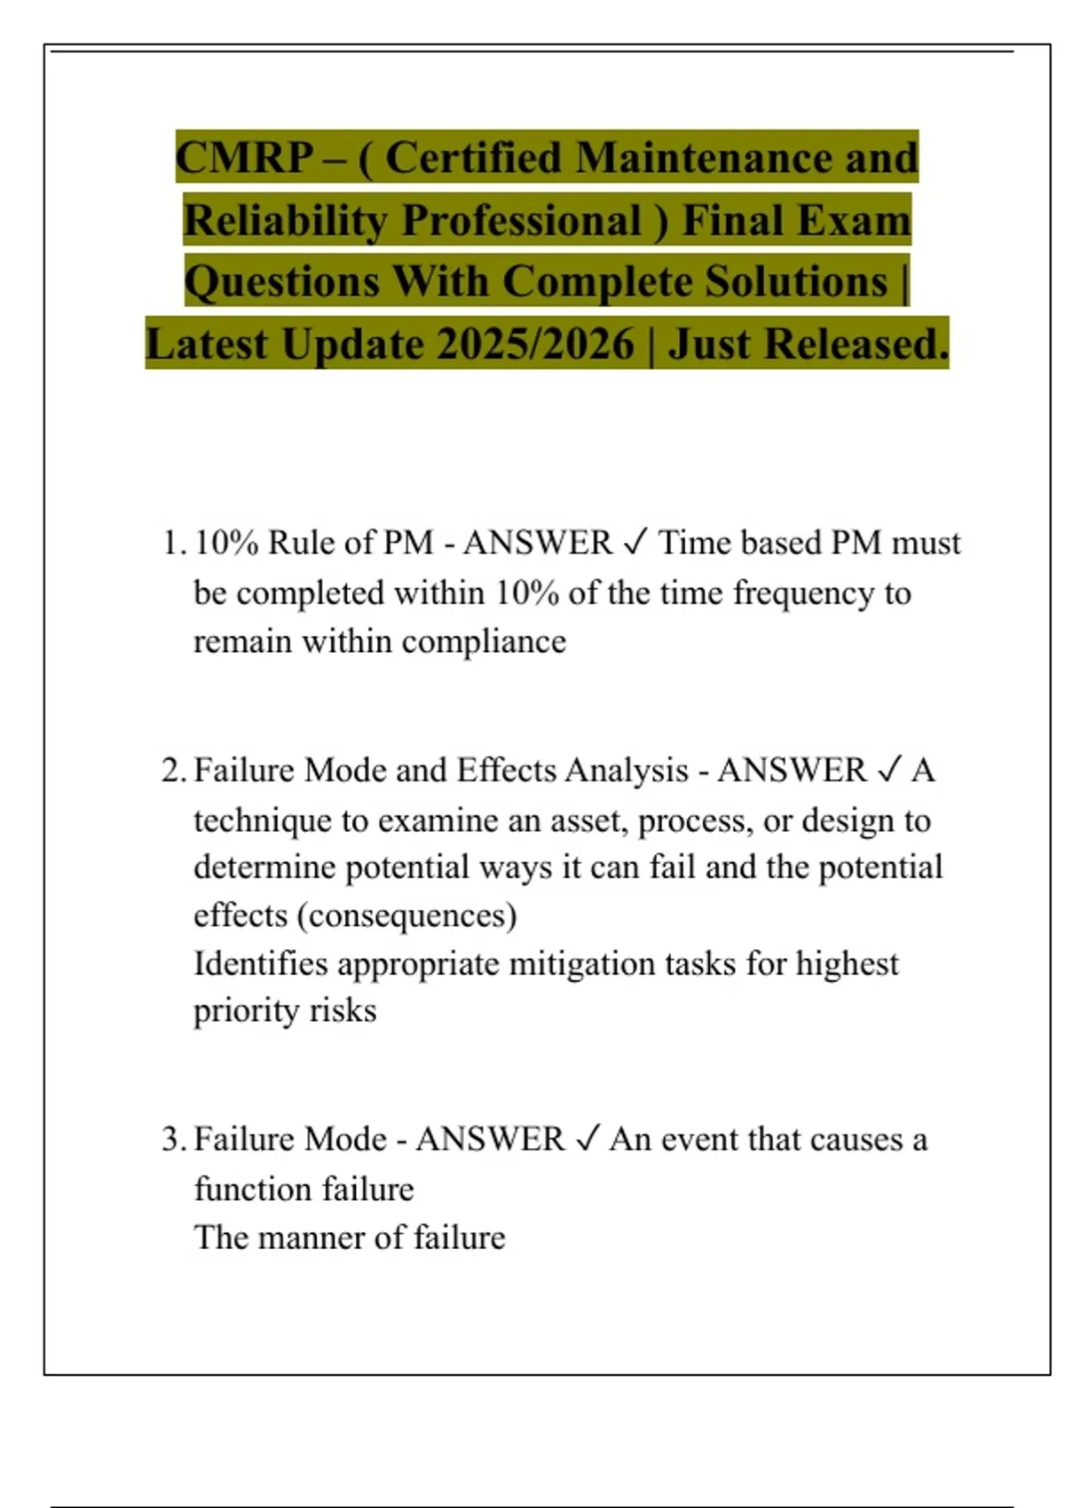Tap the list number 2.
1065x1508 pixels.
[172, 770]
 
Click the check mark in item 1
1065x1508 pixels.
[635, 542]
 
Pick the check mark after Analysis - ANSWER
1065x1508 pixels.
[889, 769]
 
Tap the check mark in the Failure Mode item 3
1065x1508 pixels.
[588, 1138]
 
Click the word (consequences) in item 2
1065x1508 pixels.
[407, 915]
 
